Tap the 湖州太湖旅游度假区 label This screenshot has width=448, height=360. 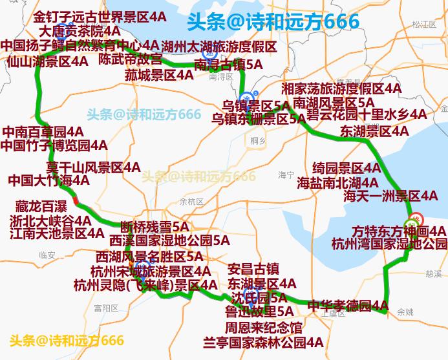(220, 47)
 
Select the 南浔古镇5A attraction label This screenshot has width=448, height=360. (228, 65)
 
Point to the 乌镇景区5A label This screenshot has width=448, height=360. (256, 105)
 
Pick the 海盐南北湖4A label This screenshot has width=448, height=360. (337, 182)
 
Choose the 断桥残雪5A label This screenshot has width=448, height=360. (155, 227)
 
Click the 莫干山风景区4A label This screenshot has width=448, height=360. (93, 167)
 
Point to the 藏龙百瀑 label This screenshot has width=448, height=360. (41, 207)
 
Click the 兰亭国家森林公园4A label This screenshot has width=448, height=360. (263, 342)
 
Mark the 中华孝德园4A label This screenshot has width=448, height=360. (348, 305)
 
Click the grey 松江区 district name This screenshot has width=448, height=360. (423, 25)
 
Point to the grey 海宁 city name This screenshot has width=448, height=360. (286, 175)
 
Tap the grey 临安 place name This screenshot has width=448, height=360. (47, 255)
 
